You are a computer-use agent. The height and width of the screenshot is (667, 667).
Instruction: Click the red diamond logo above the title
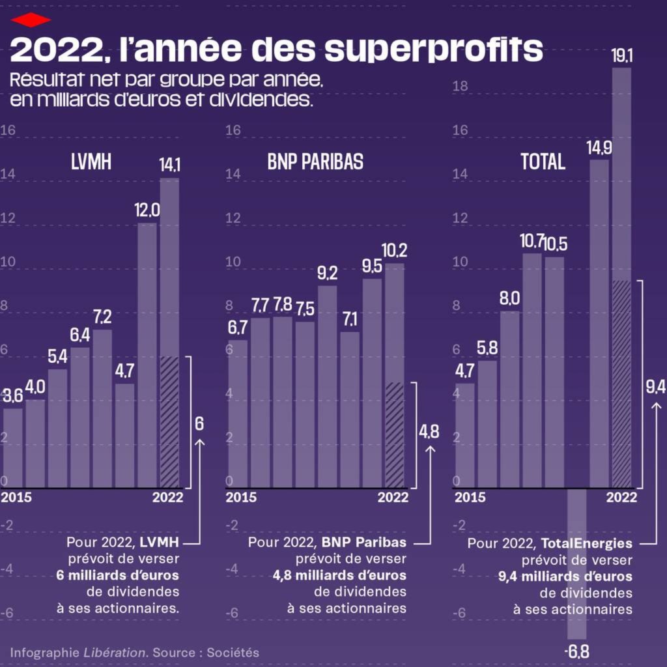[31, 20]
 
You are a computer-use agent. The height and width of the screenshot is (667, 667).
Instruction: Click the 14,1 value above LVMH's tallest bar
[169, 165]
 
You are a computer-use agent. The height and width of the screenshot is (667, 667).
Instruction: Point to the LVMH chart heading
[91, 162]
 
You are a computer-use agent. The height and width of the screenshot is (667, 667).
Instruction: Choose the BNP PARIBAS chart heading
[315, 162]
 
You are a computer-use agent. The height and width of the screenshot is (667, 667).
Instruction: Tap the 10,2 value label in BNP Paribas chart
[395, 251]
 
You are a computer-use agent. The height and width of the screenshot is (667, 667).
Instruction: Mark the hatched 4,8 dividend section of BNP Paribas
[395, 434]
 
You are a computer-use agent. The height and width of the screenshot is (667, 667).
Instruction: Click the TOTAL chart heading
[543, 162]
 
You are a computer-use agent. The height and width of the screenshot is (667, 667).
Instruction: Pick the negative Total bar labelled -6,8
[577, 563]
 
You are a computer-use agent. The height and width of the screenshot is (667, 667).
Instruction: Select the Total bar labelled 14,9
[599, 323]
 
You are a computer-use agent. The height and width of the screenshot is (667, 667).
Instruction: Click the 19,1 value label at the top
[622, 55]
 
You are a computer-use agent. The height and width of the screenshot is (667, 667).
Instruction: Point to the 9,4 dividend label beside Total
[655, 387]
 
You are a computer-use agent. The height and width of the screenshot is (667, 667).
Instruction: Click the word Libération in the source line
[113, 652]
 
